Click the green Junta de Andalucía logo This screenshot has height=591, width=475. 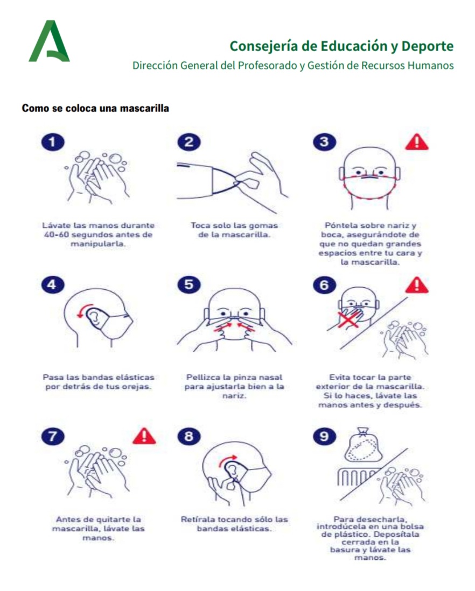pyautogui.click(x=49, y=41)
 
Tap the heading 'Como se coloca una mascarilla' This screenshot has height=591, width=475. pyautogui.click(x=95, y=108)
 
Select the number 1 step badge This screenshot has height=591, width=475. pyautogui.click(x=53, y=142)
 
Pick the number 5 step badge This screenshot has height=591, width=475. pyautogui.click(x=189, y=284)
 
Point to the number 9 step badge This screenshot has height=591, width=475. pyautogui.click(x=324, y=437)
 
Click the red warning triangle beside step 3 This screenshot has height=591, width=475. pyautogui.click(x=416, y=142)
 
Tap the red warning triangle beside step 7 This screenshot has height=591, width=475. pyautogui.click(x=144, y=437)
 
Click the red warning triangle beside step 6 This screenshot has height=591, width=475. pyautogui.click(x=416, y=286)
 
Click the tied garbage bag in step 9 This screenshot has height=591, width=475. pyautogui.click(x=363, y=445)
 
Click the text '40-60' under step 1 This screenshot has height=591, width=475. pyautogui.click(x=56, y=234)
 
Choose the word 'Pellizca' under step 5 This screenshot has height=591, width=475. pyautogui.click(x=202, y=378)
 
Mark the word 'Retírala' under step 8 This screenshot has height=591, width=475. pyautogui.click(x=198, y=519)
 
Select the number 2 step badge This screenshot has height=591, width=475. pyautogui.click(x=189, y=142)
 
